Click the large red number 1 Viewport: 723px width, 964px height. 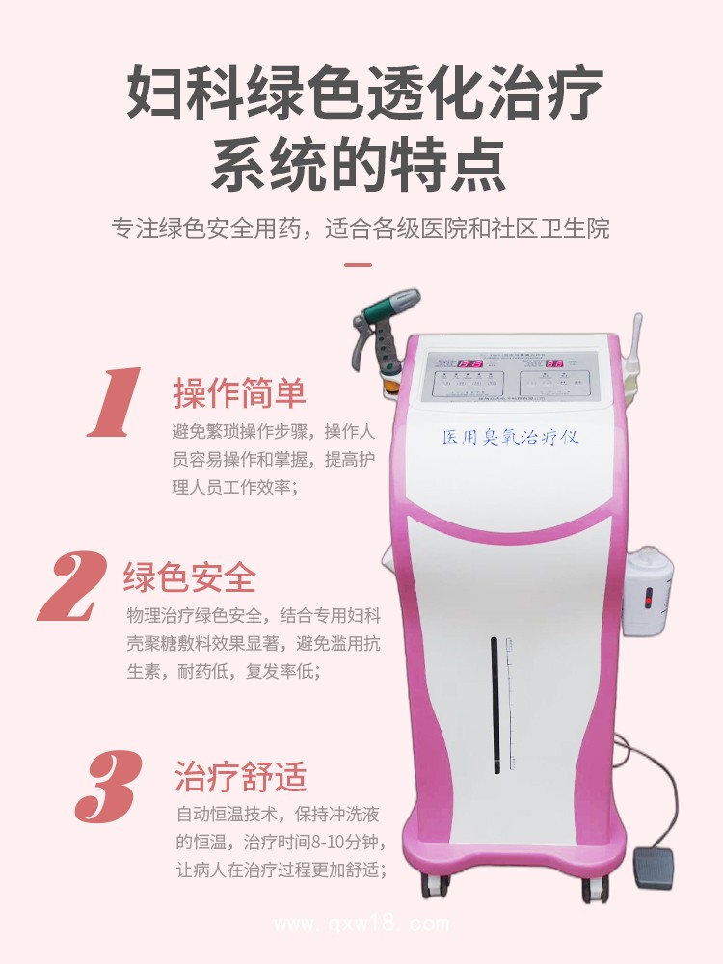[115, 402]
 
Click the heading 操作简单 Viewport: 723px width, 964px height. [240, 393]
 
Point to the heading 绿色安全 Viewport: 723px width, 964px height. [190, 577]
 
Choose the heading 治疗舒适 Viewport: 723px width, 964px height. [240, 776]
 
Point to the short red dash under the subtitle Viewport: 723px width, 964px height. [359, 263]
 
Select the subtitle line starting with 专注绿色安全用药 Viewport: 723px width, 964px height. [361, 229]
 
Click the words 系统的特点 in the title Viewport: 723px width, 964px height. [360, 165]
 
